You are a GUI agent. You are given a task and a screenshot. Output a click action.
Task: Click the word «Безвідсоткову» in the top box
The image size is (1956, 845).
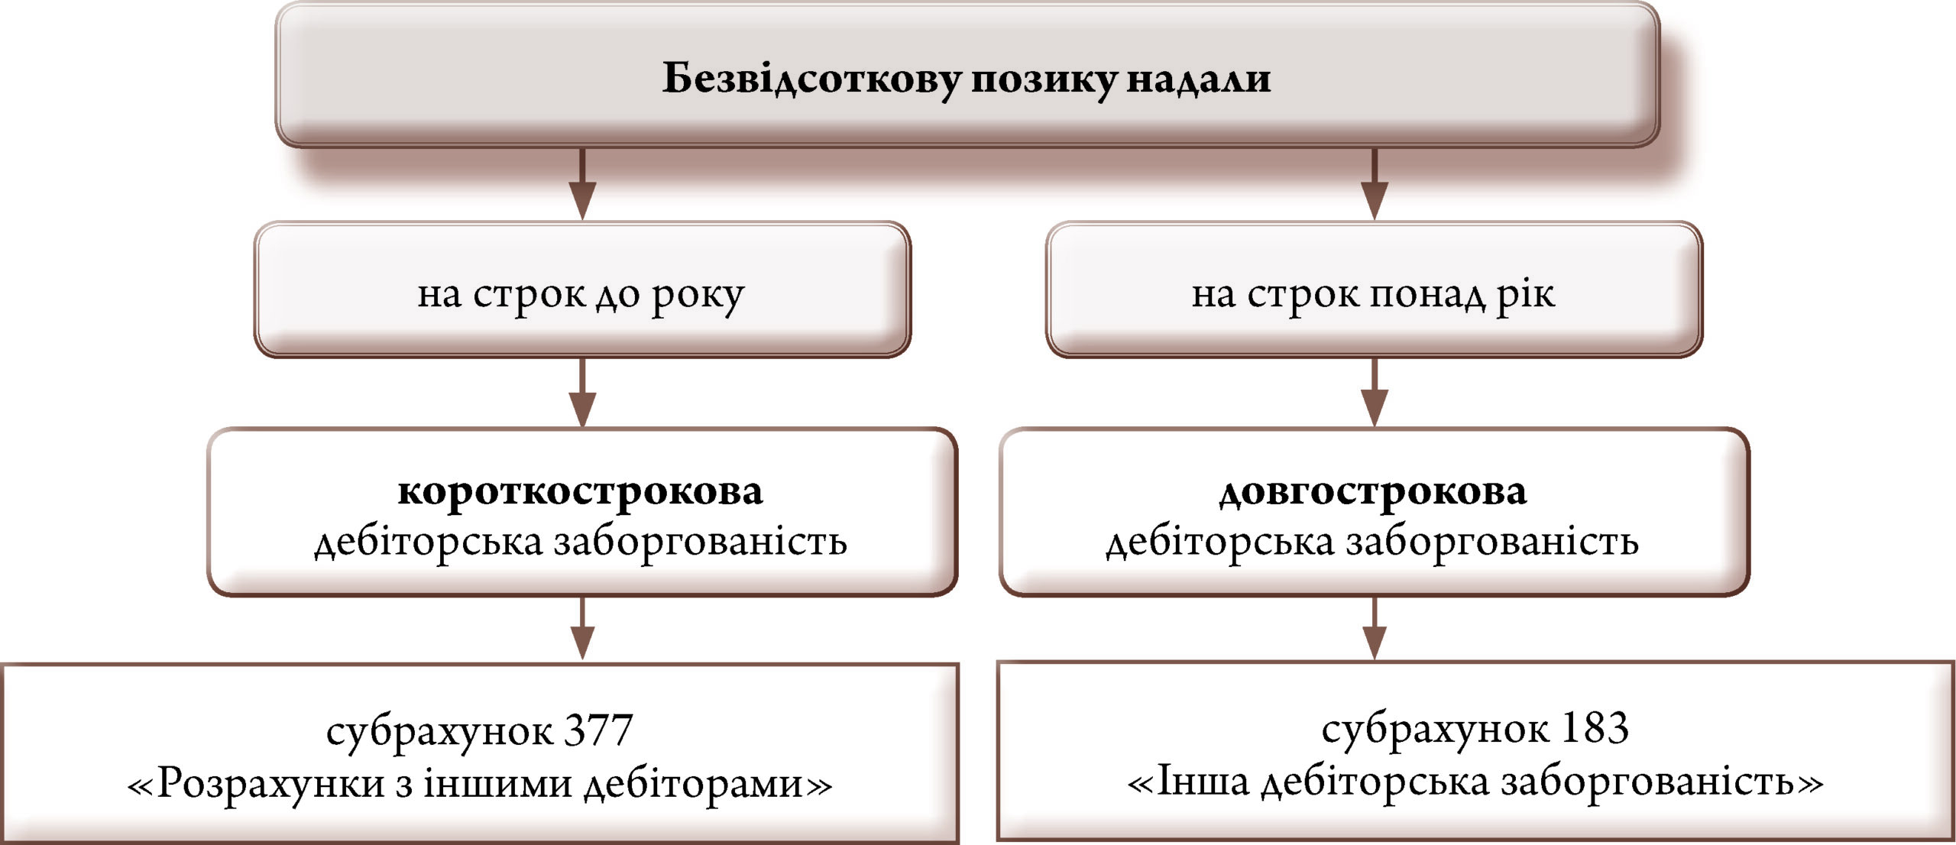(811, 78)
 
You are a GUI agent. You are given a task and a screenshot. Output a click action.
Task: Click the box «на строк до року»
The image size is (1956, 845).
(582, 290)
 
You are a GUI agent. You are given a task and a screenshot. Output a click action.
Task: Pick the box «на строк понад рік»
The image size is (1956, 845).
(1374, 290)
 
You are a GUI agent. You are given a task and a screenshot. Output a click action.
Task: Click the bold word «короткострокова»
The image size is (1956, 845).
(581, 491)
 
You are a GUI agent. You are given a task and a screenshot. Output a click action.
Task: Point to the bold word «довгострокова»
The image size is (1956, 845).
(1373, 491)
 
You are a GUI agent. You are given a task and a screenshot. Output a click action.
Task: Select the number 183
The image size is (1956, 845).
(1594, 728)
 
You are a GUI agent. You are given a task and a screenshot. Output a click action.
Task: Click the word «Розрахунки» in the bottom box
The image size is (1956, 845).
(270, 783)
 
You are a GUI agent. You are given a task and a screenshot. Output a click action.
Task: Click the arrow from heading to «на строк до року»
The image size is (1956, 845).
(582, 184)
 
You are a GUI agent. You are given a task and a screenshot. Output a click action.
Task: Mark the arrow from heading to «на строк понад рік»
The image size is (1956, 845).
(1375, 184)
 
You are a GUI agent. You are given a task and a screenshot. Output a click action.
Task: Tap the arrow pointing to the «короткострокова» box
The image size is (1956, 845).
(582, 393)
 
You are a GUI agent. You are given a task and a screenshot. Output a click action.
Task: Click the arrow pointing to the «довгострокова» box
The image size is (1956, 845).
(1375, 393)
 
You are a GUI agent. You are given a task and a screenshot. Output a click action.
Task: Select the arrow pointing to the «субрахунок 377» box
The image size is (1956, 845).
(582, 628)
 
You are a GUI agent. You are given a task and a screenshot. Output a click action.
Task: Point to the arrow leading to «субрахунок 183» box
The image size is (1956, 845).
(1375, 628)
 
